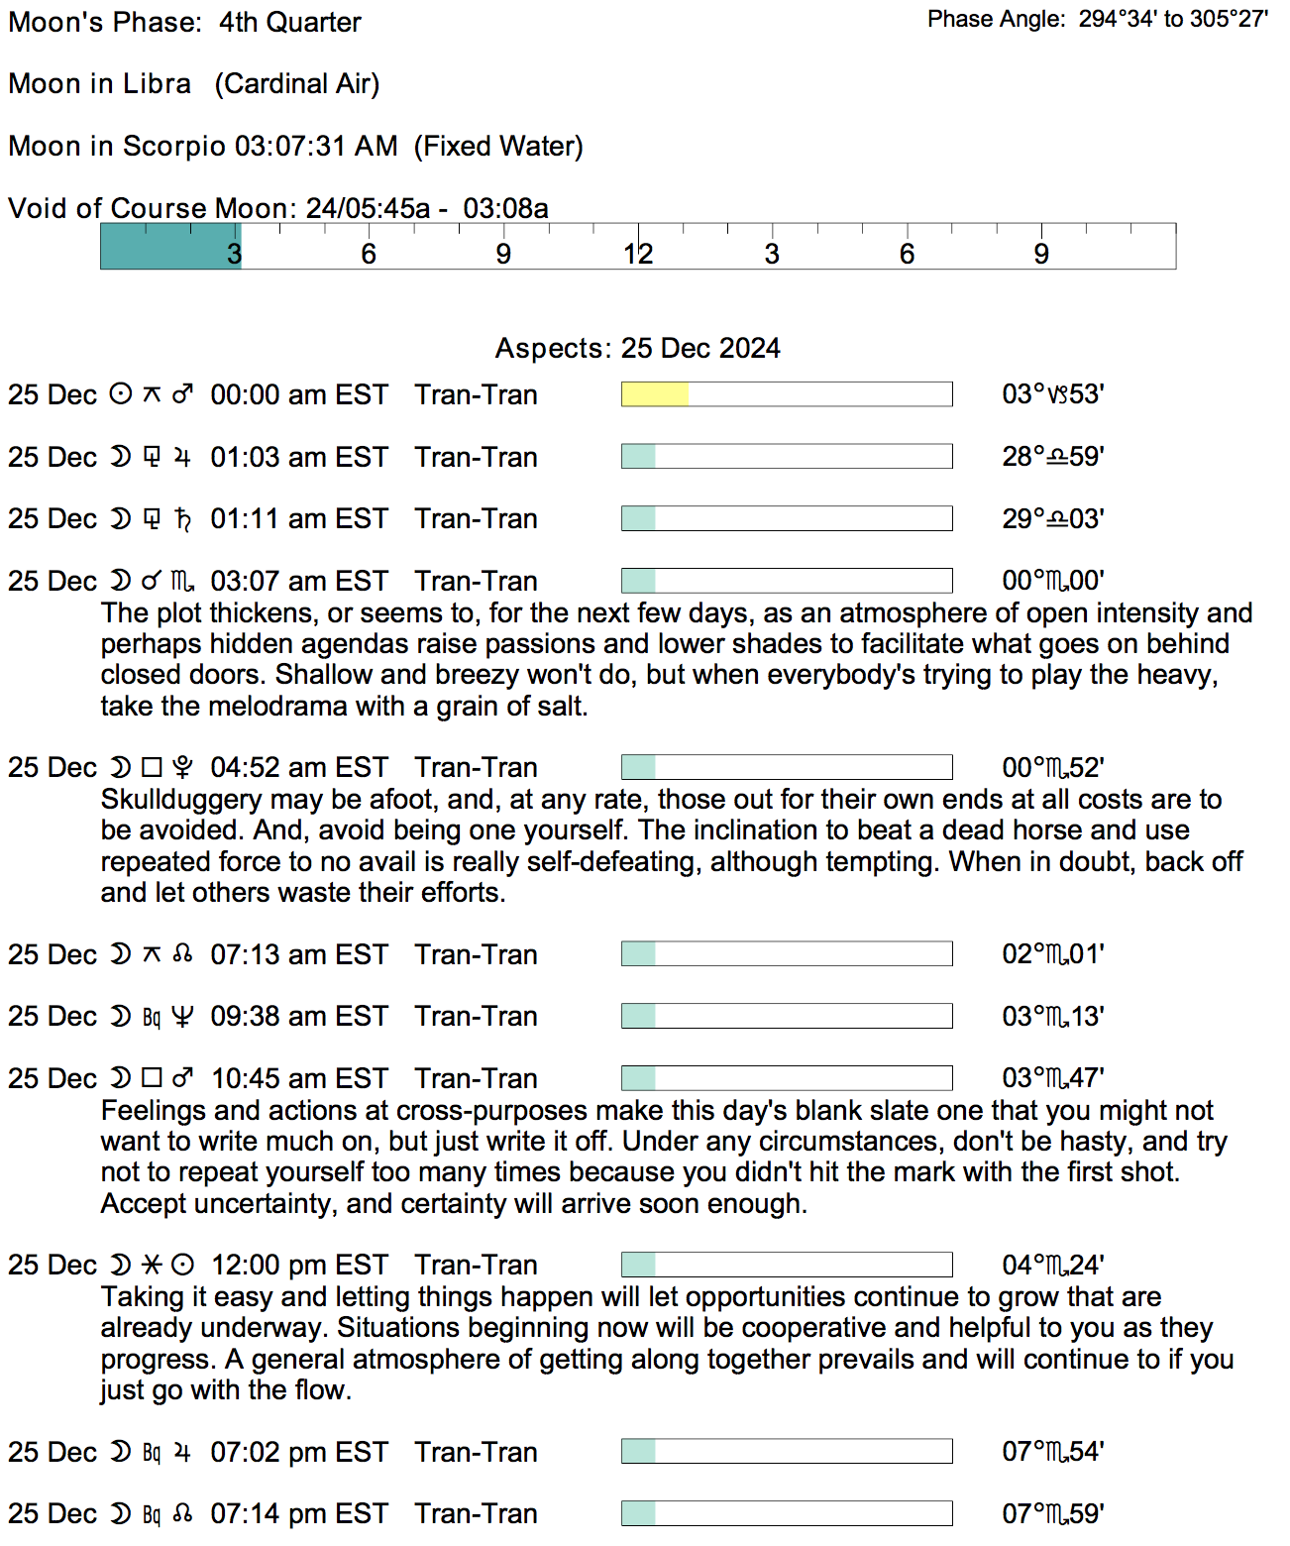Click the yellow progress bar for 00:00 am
655,394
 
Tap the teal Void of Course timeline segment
170,246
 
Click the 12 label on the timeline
638,255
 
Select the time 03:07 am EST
298,581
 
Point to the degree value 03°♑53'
1052,394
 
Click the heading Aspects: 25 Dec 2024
637,348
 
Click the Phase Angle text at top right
1097,19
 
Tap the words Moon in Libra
99,83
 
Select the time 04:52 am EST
298,767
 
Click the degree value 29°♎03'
1052,518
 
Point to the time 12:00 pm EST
298,1265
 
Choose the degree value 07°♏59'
1052,1513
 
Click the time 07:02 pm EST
298,1452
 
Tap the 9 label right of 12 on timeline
1040,255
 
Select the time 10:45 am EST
298,1078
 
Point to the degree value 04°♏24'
1052,1265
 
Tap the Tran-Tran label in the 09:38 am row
476,1016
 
